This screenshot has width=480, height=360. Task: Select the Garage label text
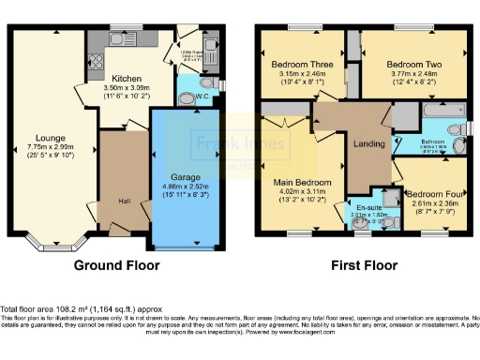(186, 176)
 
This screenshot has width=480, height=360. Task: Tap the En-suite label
(368, 204)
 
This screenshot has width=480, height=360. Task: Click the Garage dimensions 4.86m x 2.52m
(186, 187)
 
